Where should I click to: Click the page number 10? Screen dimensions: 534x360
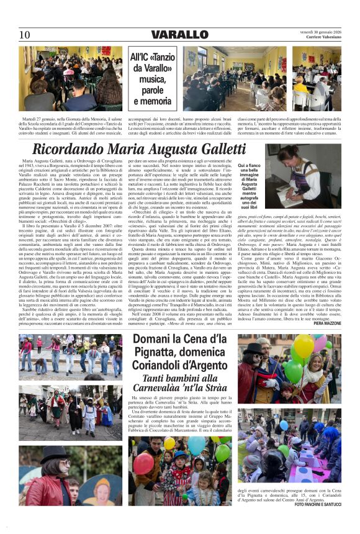click(x=24, y=34)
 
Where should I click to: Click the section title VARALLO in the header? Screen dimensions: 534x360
click(x=179, y=34)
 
